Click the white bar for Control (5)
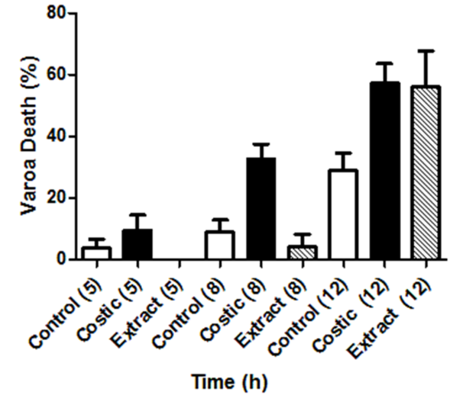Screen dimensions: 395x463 (x=96, y=253)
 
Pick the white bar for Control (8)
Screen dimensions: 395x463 (x=220, y=246)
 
